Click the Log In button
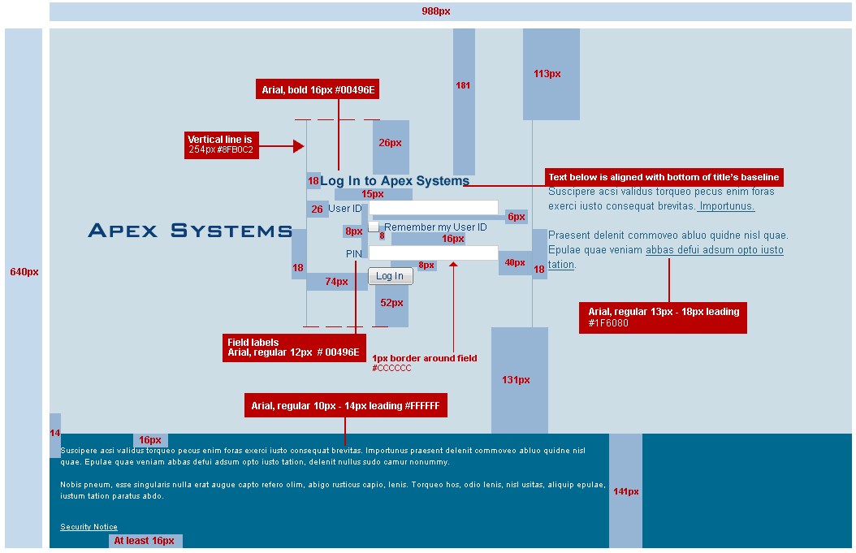[391, 275]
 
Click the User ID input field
[434, 207]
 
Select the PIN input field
[434, 253]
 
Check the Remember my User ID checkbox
[374, 227]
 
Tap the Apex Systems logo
[191, 231]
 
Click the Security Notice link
[89, 527]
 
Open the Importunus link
[725, 206]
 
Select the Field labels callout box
[294, 348]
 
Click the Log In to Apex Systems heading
[395, 181]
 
